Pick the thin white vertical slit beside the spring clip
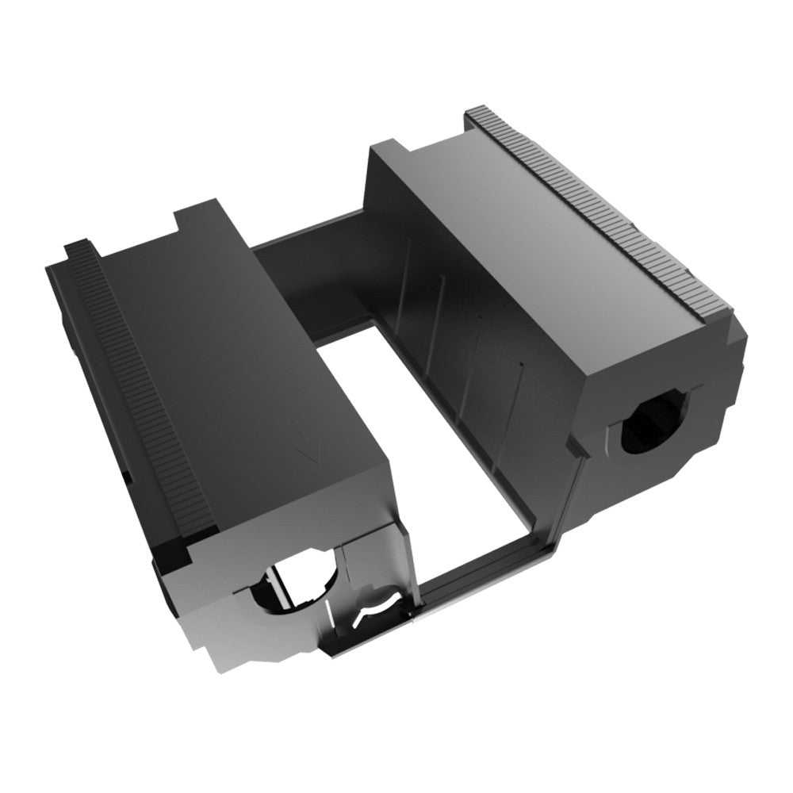tap(328, 626)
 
